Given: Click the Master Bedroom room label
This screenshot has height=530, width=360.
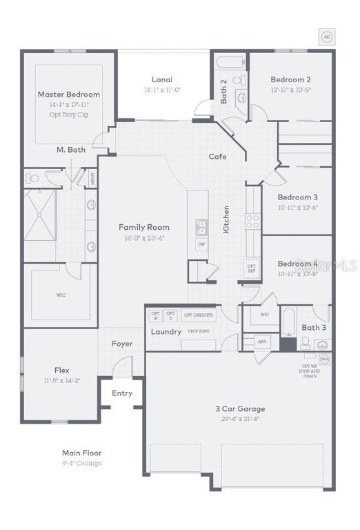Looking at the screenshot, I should [68, 94].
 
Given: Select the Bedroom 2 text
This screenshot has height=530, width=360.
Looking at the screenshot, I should [290, 79].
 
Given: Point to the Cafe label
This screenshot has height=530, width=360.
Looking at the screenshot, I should [217, 157].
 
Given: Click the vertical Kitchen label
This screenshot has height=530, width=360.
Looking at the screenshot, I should [226, 219].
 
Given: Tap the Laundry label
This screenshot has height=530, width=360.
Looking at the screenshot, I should [166, 332].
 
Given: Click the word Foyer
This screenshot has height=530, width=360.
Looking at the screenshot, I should [122, 344].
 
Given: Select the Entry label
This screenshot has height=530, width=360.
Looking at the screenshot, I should [121, 393].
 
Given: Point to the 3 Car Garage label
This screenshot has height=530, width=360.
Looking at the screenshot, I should [239, 409].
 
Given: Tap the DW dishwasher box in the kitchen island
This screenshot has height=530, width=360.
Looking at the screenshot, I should [201, 244].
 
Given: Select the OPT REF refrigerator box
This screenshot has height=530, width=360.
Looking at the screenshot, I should [252, 268].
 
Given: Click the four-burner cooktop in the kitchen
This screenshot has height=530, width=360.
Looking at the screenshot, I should [252, 222].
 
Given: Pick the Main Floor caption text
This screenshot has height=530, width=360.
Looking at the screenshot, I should [81, 453].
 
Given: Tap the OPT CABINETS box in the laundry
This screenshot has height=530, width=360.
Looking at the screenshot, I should [198, 315].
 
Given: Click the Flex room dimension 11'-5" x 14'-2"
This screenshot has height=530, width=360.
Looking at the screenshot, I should [62, 380].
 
